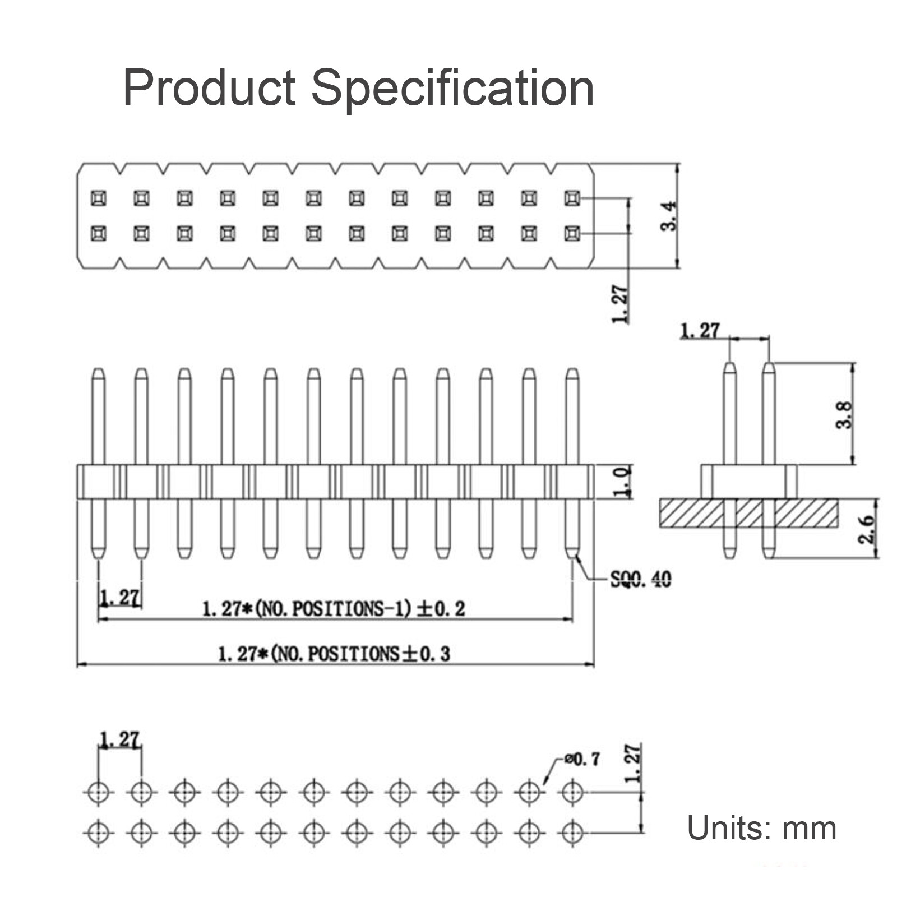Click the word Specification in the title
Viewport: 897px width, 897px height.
pos(452,89)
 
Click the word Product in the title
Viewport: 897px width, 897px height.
pos(209,87)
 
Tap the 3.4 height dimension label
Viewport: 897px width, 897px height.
pos(669,216)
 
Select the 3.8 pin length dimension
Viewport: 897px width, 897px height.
pos(844,414)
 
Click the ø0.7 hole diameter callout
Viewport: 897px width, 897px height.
pos(582,759)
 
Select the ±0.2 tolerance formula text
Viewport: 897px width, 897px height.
pos(333,609)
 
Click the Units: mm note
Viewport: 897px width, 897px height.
pos(761,828)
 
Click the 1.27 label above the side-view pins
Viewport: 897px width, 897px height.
pos(699,331)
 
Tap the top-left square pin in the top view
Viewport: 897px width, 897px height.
pos(98,198)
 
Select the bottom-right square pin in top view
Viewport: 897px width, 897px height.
pos(572,233)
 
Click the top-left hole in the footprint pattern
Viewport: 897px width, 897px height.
pos(98,792)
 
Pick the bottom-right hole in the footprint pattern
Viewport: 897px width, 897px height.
pos(572,832)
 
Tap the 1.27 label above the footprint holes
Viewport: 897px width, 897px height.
pos(119,740)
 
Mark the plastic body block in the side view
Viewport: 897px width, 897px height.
pos(748,482)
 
